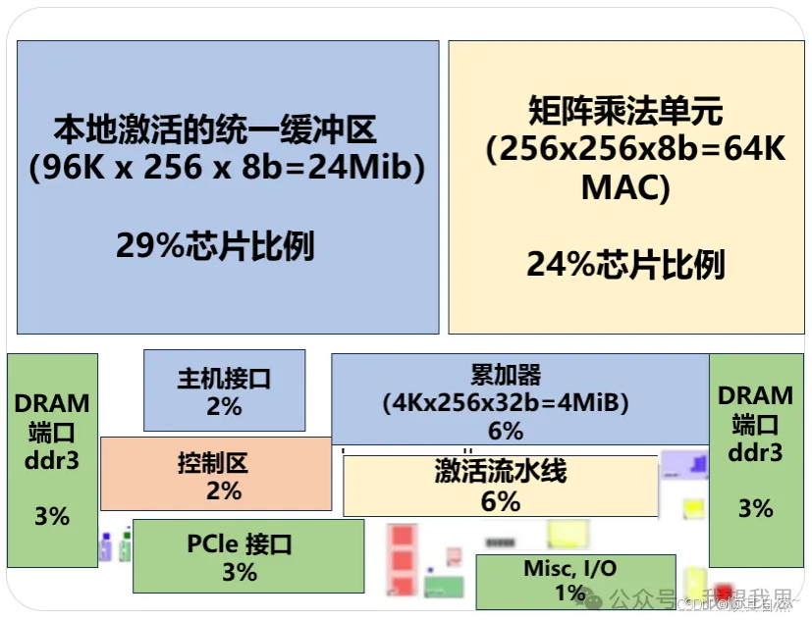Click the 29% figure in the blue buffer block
pos(215,245)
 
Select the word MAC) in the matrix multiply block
pos(625,187)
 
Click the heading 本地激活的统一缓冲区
pos(215,129)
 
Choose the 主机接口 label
pos(224,379)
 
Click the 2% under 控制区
pos(224,491)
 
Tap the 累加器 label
pos(506,375)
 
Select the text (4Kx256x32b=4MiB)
pos(506,402)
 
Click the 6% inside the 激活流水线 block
pos(500,501)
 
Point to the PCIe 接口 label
pos(240,543)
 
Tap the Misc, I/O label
pos(570,569)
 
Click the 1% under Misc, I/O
pos(570,593)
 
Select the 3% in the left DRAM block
pos(52,515)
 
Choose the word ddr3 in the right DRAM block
pos(755,452)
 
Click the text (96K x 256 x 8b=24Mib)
pos(227,169)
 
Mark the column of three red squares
pos(402,562)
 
